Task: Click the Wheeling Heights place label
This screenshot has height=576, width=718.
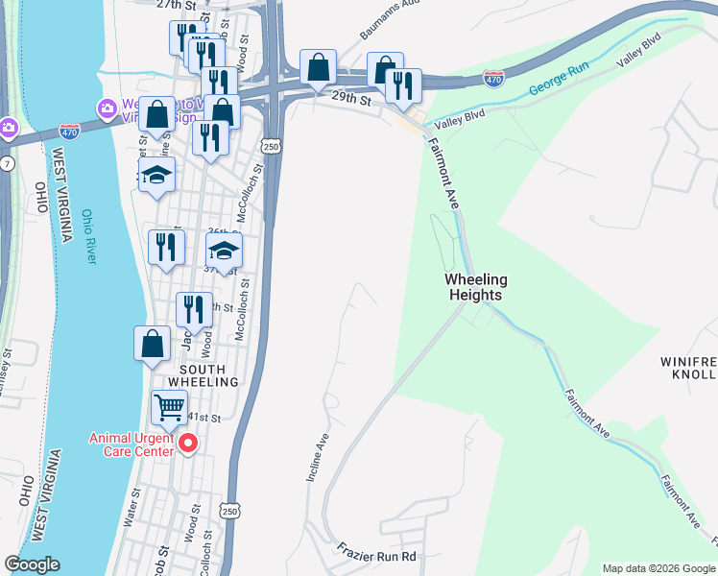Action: pyautogui.click(x=475, y=287)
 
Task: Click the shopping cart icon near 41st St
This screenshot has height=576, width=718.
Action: pyautogui.click(x=170, y=407)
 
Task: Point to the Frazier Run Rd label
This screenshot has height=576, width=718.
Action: pyautogui.click(x=375, y=555)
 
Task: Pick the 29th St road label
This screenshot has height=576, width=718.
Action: pyautogui.click(x=351, y=99)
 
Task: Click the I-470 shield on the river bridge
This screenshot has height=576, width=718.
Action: pyautogui.click(x=69, y=129)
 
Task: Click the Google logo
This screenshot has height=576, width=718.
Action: pyautogui.click(x=32, y=564)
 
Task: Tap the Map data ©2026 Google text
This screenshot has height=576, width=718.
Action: pyautogui.click(x=658, y=568)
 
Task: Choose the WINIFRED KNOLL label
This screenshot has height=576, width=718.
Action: pyautogui.click(x=688, y=368)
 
